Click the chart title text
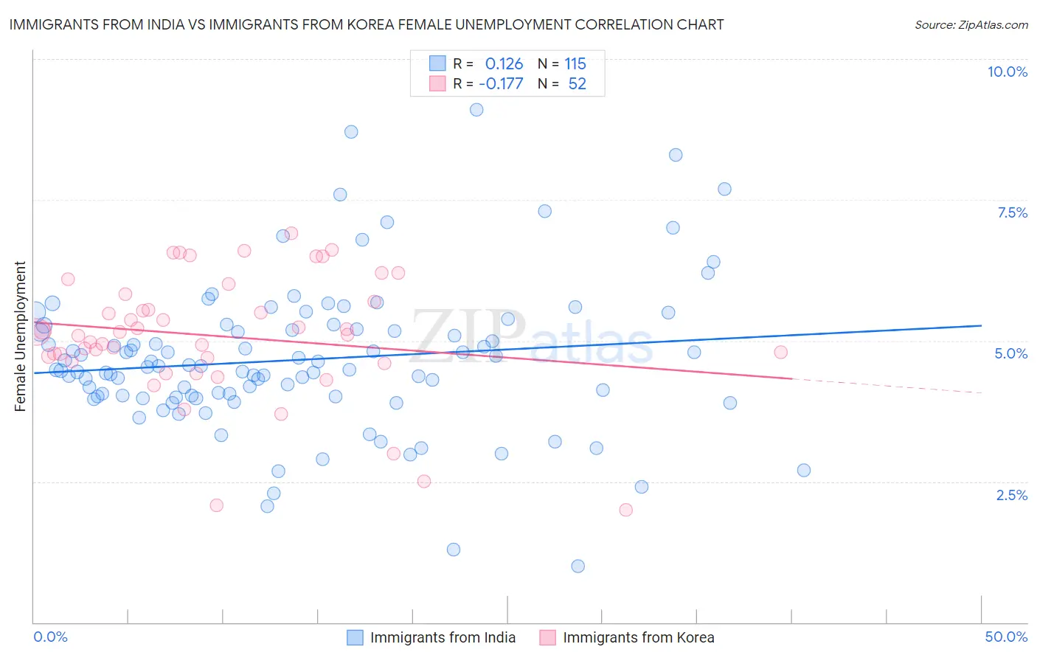[366, 24]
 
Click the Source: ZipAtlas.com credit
[971, 24]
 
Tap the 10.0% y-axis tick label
[1007, 72]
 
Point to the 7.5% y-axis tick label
[1012, 212]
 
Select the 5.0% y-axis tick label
[1010, 353]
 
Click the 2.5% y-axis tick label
[1011, 495]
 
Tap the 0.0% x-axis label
[50, 637]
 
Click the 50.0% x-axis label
[1006, 637]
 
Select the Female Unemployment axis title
[20, 336]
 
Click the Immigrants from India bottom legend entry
[443, 637]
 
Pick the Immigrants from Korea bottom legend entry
[638, 637]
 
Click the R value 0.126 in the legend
[504, 63]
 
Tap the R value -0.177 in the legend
[501, 83]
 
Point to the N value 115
[575, 63]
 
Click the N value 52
[577, 83]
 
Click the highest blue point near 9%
[476, 109]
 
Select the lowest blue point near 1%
[578, 566]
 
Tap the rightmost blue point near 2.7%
[804, 470]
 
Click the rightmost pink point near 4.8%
[780, 352]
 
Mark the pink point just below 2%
[625, 510]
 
